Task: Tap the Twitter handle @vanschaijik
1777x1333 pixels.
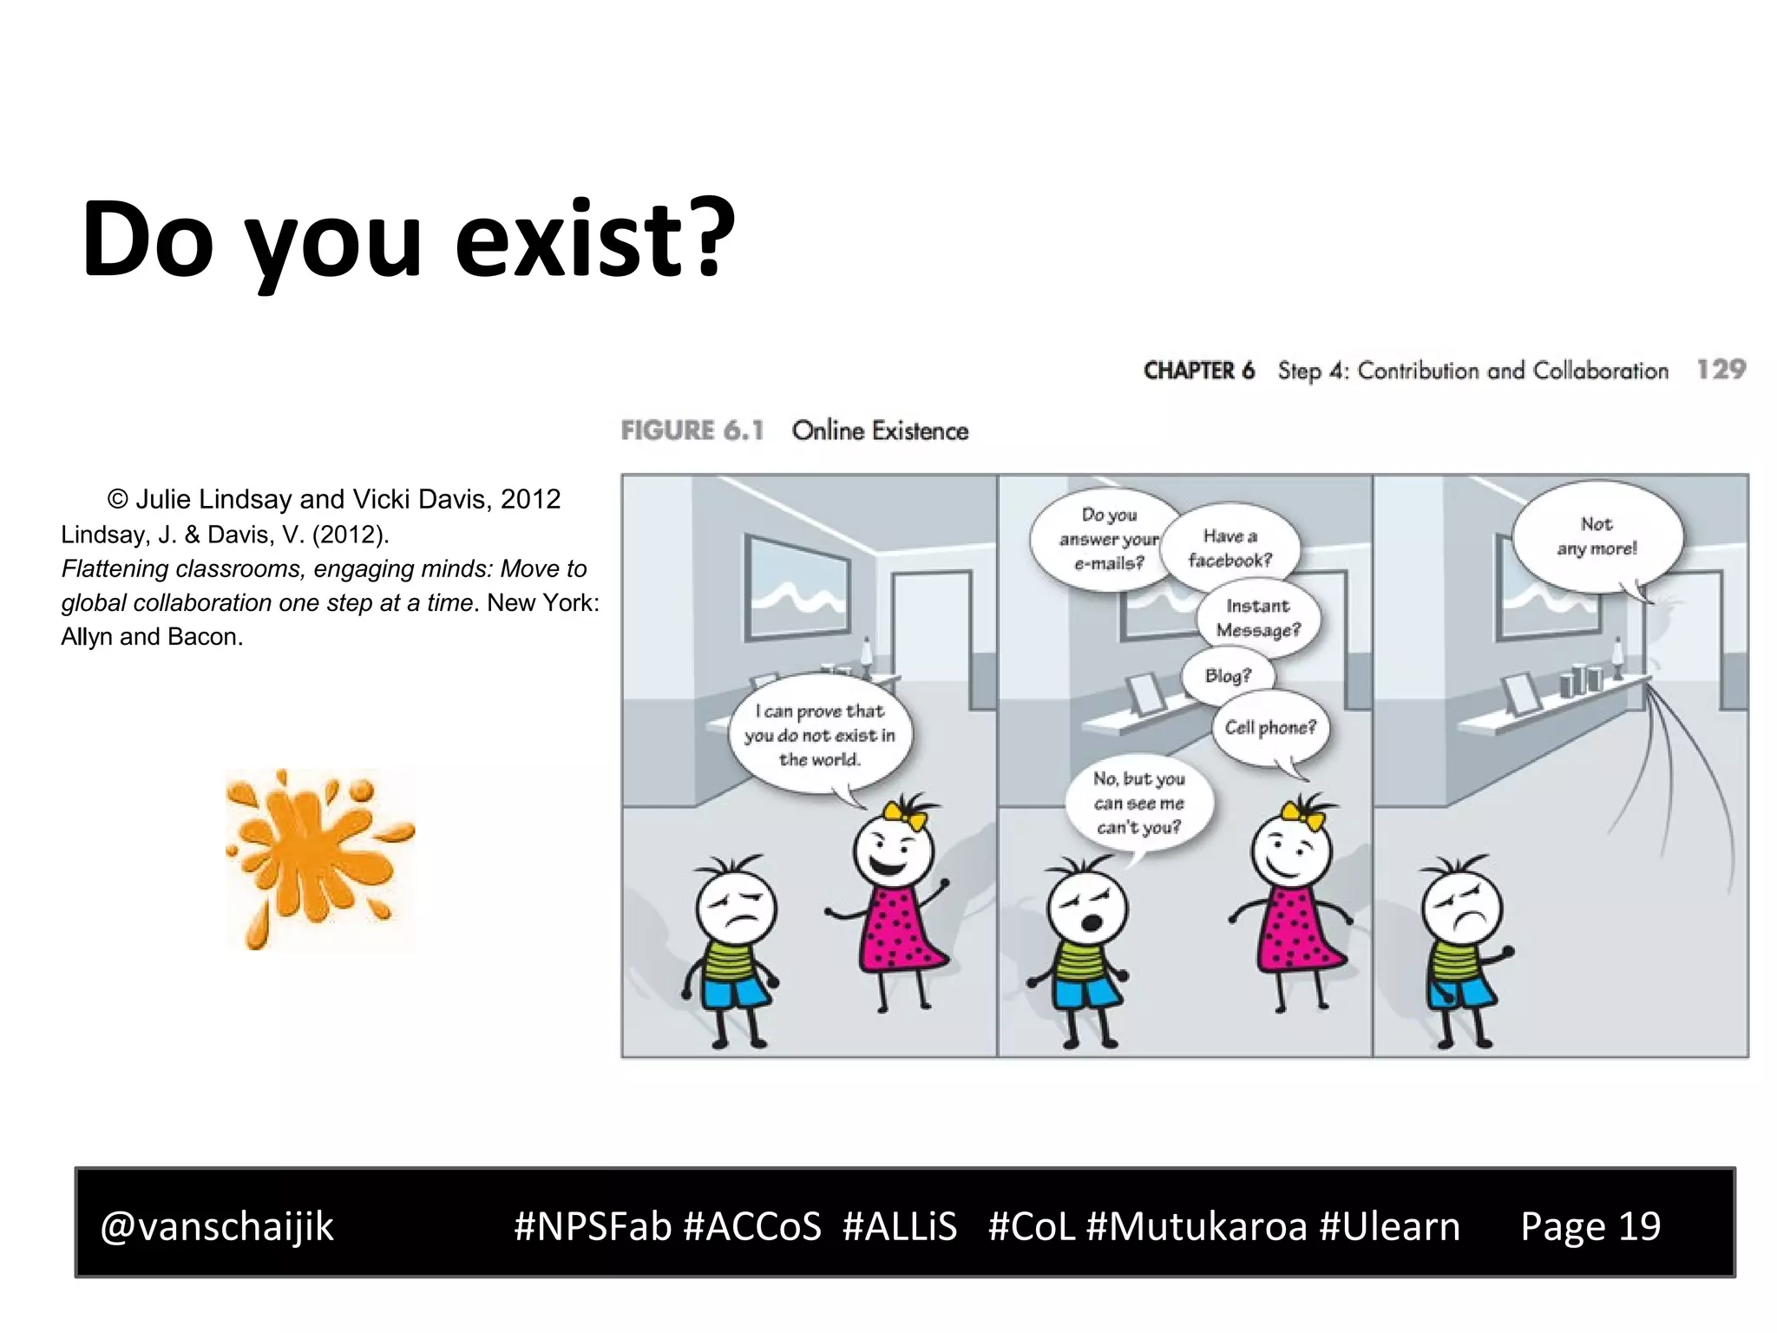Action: [x=217, y=1226]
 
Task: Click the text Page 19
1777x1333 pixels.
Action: [x=1590, y=1226]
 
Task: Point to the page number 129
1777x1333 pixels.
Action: [x=1721, y=370]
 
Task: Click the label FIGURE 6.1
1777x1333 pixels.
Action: [x=692, y=430]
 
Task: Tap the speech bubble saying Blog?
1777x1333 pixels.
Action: [x=1228, y=675]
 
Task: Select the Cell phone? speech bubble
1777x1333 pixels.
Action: [x=1269, y=727]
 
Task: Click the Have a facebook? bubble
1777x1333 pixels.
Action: [x=1230, y=548]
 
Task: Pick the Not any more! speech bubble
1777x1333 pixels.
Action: [x=1597, y=536]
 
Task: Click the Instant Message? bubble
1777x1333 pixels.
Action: [x=1258, y=618]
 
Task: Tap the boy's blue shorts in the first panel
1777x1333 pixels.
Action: [x=734, y=989]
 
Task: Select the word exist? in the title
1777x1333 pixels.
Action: [x=594, y=239]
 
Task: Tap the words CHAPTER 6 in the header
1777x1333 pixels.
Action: [x=1198, y=371]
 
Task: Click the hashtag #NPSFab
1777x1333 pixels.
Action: [x=592, y=1226]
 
